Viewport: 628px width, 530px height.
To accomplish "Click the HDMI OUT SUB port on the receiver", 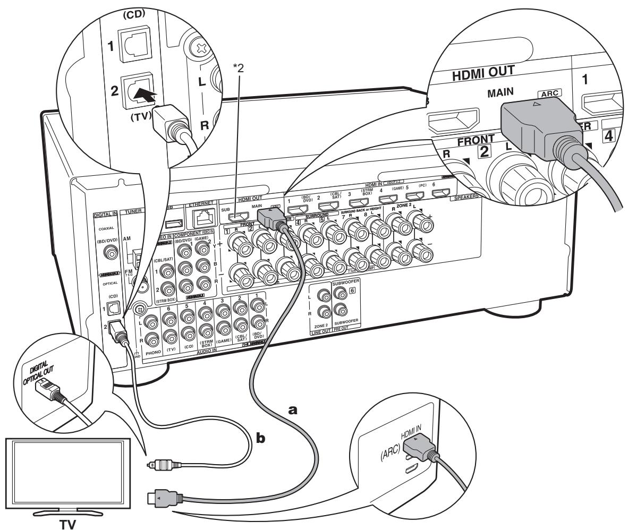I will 242,217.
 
